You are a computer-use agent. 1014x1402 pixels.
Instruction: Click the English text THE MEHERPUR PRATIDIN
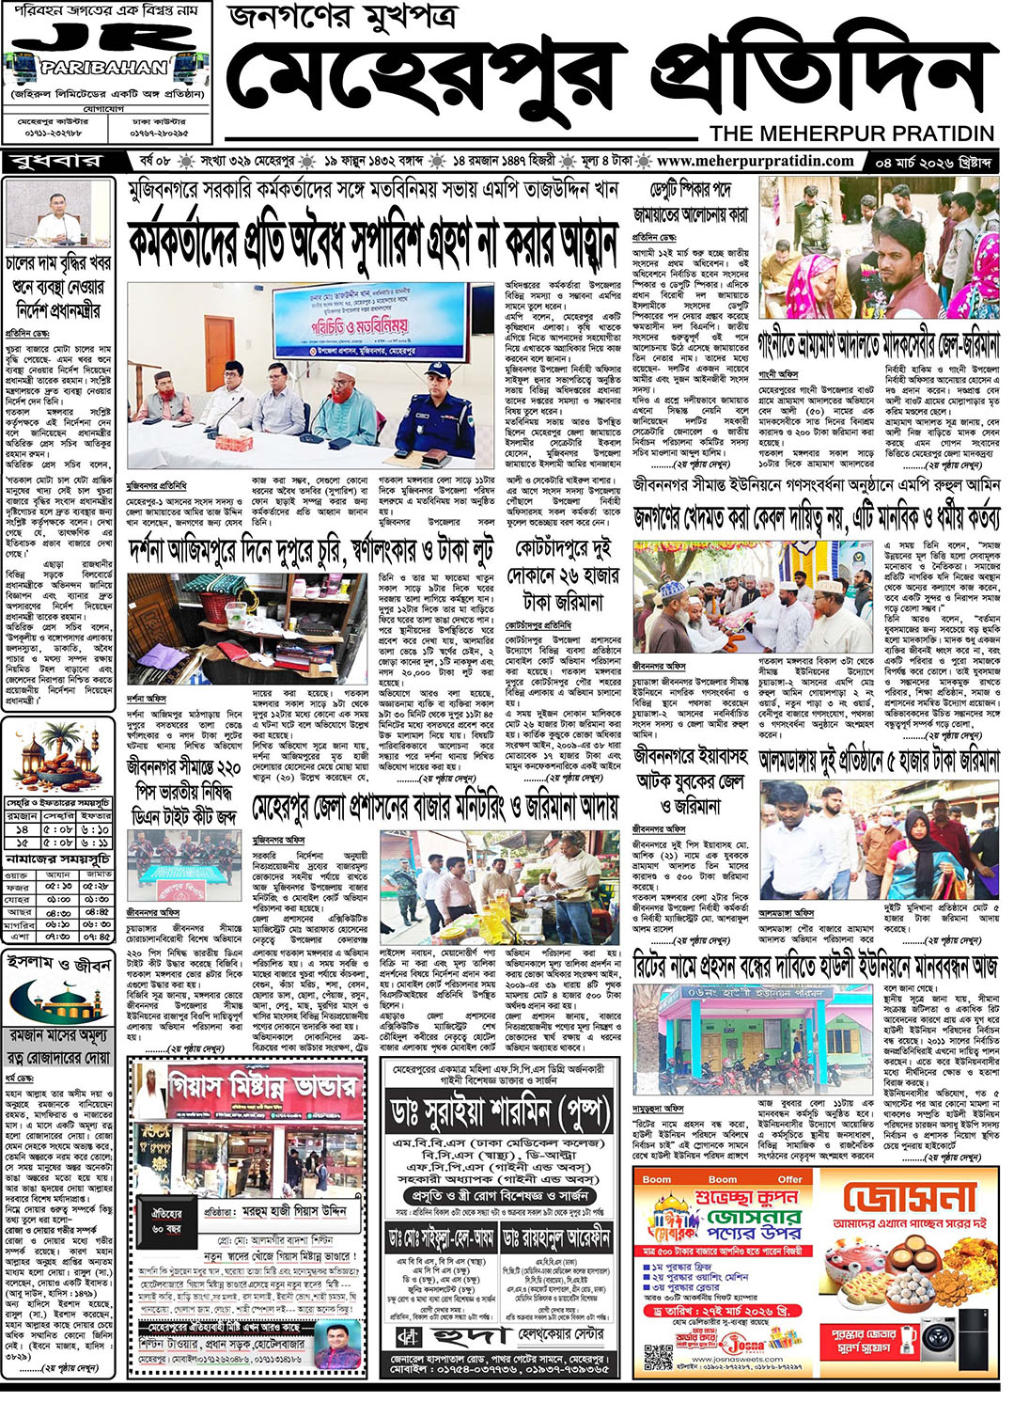[x=851, y=133]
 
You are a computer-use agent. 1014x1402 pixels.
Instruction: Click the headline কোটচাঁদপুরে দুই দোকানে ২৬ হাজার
[x=562, y=575]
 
